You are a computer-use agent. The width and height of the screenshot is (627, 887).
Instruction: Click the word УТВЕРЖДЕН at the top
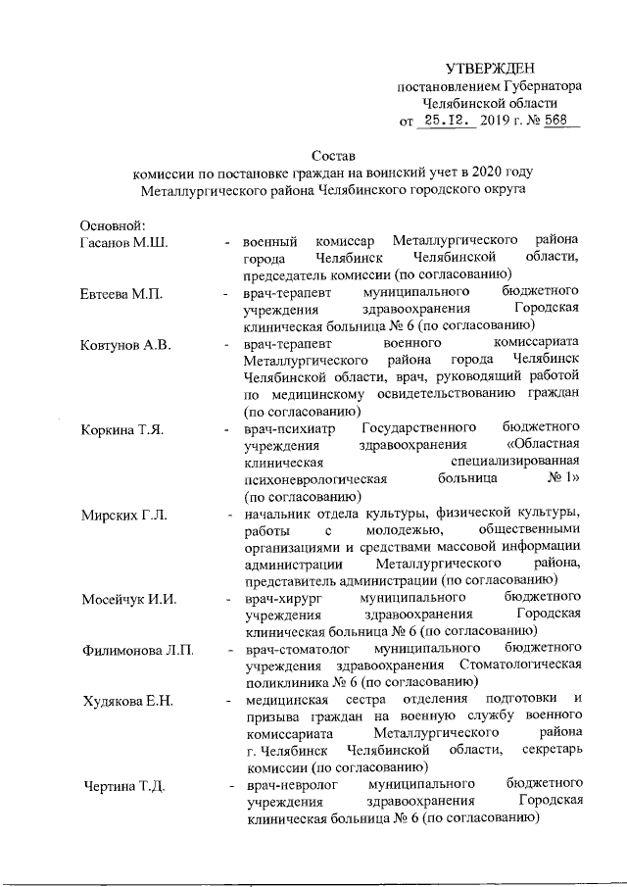[x=490, y=68]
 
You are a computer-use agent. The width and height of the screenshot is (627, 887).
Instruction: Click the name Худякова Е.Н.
[x=127, y=699]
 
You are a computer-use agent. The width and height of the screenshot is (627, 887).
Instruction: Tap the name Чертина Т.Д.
[x=122, y=786]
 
